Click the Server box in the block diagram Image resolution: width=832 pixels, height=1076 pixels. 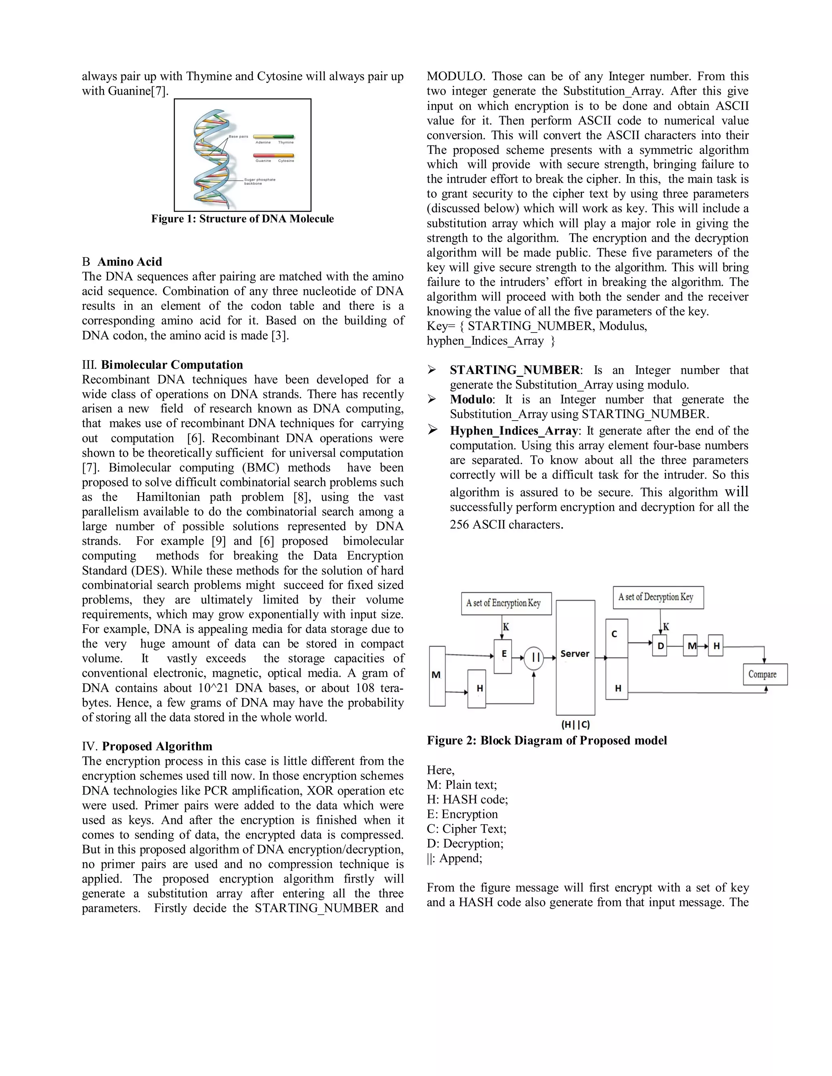click(575, 657)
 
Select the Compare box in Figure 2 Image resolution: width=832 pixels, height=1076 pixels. click(765, 674)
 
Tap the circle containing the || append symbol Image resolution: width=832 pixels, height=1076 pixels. click(533, 658)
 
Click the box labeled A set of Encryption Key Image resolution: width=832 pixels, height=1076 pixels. click(506, 603)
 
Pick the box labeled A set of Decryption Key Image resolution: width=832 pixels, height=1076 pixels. click(658, 597)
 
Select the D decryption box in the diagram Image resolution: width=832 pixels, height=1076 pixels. click(660, 646)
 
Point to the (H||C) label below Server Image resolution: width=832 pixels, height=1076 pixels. click(575, 724)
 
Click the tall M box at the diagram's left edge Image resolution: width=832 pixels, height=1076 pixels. click(437, 676)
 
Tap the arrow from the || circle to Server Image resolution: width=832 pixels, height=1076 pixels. click(550, 658)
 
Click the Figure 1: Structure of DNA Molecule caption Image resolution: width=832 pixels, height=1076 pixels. click(243, 219)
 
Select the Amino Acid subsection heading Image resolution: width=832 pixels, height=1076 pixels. click(130, 261)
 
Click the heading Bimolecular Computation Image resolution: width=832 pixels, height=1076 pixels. click(171, 365)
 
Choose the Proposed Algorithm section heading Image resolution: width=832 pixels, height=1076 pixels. click(157, 746)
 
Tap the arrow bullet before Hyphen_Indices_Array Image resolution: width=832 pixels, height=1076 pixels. click(432, 430)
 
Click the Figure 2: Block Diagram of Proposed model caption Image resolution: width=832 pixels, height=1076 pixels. click(547, 741)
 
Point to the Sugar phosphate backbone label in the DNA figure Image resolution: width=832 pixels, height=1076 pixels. click(260, 181)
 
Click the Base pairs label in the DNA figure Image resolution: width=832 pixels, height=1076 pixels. click(238, 136)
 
